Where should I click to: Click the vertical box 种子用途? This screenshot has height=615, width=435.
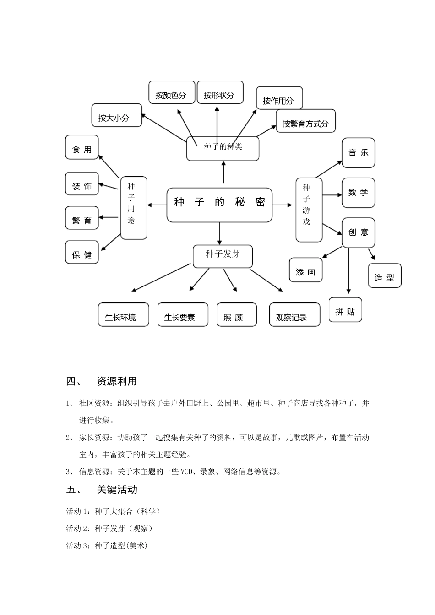[x=133, y=208]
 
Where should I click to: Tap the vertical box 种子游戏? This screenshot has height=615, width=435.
[x=309, y=210]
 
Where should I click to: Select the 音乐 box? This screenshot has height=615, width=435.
[x=359, y=153]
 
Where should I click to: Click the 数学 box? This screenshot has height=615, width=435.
[x=359, y=193]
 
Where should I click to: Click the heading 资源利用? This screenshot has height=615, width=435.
[x=117, y=381]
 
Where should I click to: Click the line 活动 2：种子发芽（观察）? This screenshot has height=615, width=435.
[x=110, y=529]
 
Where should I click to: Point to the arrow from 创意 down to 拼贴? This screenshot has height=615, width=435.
[x=349, y=270]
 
